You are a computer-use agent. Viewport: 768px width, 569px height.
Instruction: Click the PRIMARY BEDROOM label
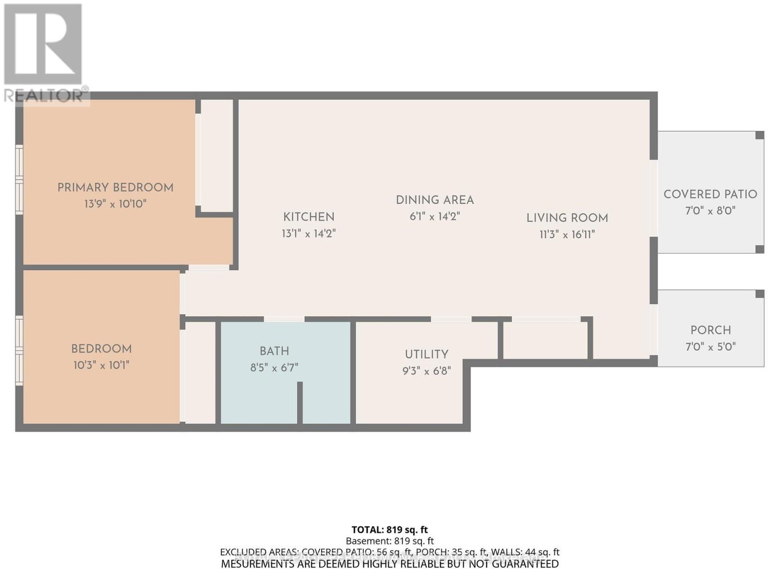115,188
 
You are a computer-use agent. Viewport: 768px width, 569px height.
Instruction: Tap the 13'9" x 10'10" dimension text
115,204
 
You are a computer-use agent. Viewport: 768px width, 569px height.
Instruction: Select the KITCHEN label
309,217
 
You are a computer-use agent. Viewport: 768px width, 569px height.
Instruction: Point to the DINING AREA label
434,200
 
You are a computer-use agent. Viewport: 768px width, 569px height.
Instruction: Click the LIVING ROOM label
567,218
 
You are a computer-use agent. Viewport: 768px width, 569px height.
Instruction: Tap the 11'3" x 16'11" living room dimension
567,235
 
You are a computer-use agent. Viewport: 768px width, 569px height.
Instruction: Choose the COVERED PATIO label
710,194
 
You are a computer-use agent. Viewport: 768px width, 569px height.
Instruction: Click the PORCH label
710,330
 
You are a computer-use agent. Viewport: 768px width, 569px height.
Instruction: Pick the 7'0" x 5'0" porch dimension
710,347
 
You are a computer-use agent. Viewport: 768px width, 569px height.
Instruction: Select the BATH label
274,351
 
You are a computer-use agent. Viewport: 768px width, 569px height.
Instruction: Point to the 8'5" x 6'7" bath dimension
274,367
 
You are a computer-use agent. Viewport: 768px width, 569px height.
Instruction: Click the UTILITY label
427,354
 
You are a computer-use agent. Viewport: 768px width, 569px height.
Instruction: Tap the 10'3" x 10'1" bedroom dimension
101,365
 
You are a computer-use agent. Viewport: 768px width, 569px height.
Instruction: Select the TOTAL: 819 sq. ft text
390,530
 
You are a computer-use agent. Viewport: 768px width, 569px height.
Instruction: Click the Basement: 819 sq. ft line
390,541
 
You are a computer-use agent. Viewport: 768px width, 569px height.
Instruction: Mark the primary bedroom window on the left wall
19,180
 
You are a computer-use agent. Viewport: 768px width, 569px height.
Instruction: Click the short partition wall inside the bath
300,402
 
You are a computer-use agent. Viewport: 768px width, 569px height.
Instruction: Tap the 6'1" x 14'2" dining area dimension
434,217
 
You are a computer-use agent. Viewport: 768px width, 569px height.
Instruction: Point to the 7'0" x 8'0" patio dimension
710,210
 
